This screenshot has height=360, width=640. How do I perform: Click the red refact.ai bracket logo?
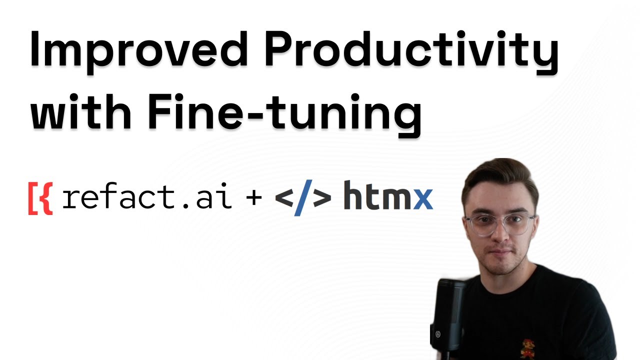pos(40,198)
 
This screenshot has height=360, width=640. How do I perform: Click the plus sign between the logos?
pos(254,198)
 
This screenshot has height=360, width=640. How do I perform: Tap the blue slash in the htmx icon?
pos(303,197)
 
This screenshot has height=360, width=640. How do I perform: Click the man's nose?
pos(498,235)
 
